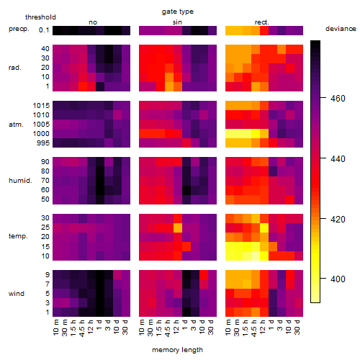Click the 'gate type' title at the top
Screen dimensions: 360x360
pos(178,12)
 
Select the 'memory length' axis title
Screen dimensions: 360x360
pos(177,350)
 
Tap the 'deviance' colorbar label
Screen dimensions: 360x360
pos(341,29)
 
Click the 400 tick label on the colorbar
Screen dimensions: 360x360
pos(338,279)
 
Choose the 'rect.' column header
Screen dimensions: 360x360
pos(261,22)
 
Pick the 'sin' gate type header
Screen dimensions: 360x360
pos(177,22)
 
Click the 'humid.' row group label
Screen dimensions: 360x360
pos(20,181)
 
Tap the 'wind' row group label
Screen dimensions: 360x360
pos(17,294)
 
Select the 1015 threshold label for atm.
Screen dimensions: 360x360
pos(41,106)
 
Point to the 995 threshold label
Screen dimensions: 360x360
pos(43,143)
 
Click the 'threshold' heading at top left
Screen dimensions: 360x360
pos(40,17)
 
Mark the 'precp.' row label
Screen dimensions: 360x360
pos(19,29)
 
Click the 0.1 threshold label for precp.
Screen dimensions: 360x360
pos(44,30)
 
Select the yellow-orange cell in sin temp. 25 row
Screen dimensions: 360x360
pos(178,228)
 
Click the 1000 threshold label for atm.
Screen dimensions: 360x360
pos(41,134)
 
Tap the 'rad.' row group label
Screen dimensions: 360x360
pos(15,68)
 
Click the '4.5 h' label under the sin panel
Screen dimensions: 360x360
pos(168,328)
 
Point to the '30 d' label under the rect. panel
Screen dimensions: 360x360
pos(297,327)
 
